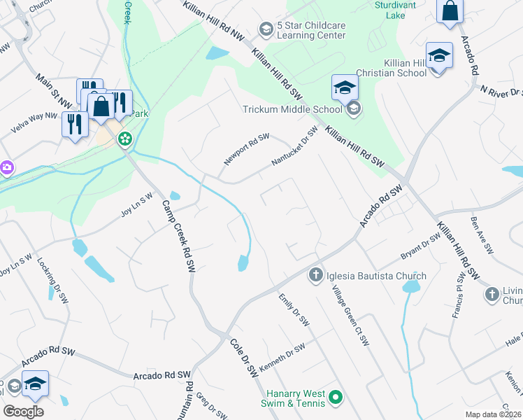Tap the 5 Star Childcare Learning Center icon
[x=266, y=29]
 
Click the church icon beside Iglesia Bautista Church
[x=315, y=274]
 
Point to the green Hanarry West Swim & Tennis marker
[x=335, y=398]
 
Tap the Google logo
[x=23, y=411]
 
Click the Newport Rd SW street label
[x=246, y=150]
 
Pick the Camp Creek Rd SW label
[x=178, y=237]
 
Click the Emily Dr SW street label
[x=294, y=309]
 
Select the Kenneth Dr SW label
[x=282, y=358]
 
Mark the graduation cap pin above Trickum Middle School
[x=345, y=87]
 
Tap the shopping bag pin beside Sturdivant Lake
[x=450, y=12]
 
